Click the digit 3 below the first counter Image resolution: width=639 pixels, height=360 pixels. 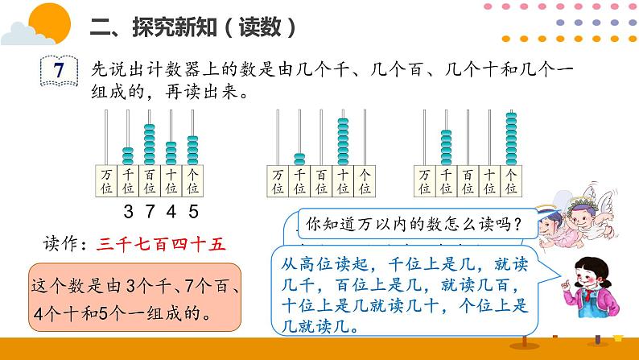129,212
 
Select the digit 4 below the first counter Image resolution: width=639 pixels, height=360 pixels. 171,212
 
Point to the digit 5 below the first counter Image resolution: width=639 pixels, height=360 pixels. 193,212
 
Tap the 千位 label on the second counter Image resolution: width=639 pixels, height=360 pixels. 300,181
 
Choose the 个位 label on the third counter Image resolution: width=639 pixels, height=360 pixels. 511,181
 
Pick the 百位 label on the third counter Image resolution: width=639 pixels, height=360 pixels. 468,181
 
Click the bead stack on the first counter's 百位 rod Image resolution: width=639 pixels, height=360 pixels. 150,143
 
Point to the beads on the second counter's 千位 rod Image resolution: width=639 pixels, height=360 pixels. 300,158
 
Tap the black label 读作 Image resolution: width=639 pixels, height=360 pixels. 67,243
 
